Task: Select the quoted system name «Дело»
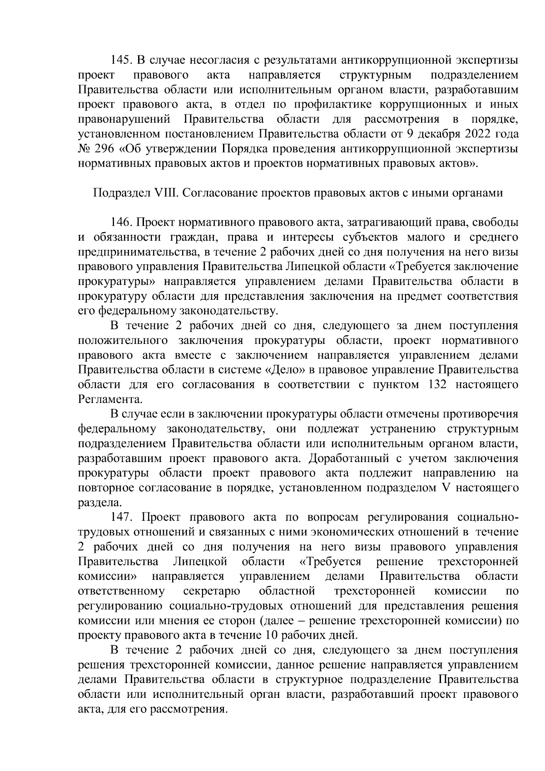coord(282,370)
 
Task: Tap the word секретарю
coord(212,591)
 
